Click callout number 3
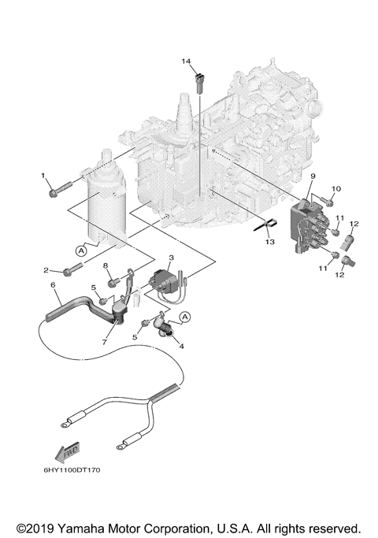coord(171,258)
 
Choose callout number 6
coord(53,284)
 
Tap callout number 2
coord(45,270)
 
